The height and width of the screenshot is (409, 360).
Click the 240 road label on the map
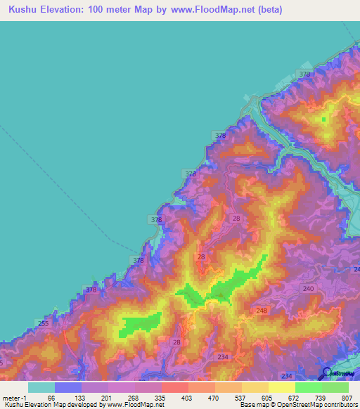click(x=308, y=288)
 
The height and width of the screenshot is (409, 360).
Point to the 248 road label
click(x=262, y=311)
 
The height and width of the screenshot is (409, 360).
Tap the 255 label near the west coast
click(x=44, y=324)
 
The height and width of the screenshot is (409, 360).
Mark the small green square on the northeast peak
click(x=324, y=119)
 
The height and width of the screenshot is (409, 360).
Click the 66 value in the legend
click(x=68, y=397)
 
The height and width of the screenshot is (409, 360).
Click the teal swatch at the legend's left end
click(x=41, y=387)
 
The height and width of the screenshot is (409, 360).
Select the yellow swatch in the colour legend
click(x=281, y=387)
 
